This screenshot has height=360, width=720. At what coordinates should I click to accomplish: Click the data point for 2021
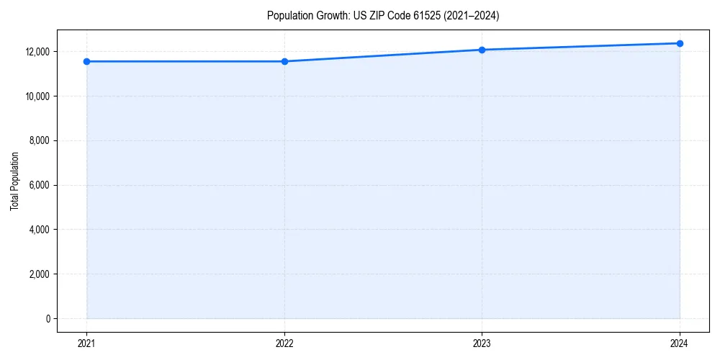(x=87, y=61)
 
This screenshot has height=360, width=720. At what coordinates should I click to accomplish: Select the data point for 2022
(x=284, y=61)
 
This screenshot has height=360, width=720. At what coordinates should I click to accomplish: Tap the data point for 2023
(x=482, y=50)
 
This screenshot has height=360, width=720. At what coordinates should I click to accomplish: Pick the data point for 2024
(x=680, y=43)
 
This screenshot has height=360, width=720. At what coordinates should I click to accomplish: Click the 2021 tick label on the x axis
(x=87, y=343)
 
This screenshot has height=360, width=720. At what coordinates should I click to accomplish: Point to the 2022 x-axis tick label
(x=284, y=343)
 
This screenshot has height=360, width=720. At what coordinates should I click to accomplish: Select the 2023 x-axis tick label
(x=482, y=343)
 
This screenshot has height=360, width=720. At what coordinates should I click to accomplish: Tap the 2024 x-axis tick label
(x=680, y=343)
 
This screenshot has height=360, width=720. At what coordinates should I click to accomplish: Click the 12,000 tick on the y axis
(x=37, y=52)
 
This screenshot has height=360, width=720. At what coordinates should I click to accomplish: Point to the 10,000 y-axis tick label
(x=37, y=96)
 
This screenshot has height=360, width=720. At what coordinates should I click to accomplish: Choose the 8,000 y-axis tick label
(x=39, y=141)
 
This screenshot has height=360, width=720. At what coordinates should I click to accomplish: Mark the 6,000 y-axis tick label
(x=39, y=185)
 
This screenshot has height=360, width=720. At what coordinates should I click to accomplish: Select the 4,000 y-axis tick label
(x=39, y=230)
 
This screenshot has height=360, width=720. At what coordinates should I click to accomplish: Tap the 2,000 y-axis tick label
(x=39, y=274)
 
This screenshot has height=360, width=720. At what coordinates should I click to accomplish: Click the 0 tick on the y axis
(x=48, y=319)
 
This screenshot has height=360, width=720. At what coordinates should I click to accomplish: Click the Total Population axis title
(x=14, y=181)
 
